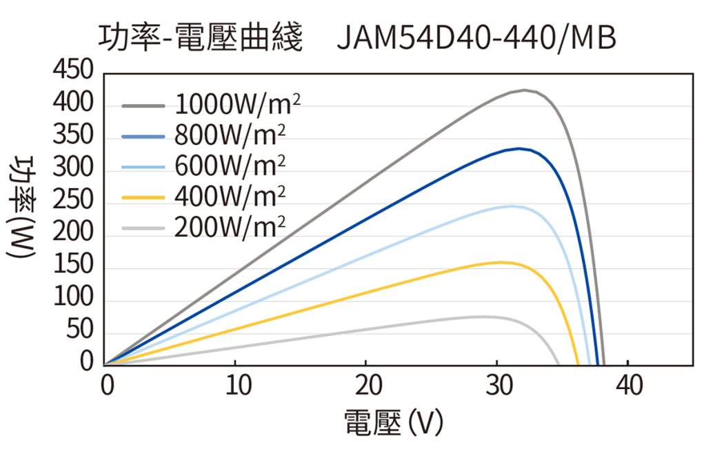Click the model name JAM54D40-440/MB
[x=476, y=39]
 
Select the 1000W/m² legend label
[x=237, y=105]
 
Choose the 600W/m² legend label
[x=230, y=166]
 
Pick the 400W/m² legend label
[x=230, y=197]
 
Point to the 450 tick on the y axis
[x=72, y=70]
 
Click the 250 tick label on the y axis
[x=72, y=201]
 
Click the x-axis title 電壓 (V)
[x=393, y=423]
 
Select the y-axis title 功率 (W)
[x=21, y=208]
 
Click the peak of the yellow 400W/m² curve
[x=501, y=262]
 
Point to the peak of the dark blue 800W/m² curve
[x=518, y=148]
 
